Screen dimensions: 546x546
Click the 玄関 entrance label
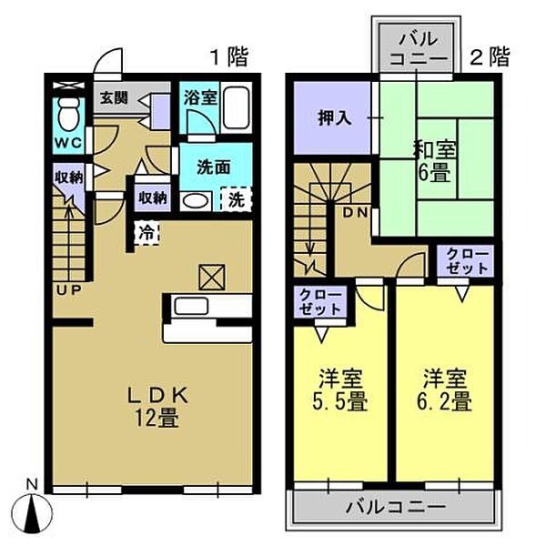[x=112, y=97]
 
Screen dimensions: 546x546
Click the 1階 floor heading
[x=228, y=59]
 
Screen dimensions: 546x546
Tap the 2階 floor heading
[x=488, y=59]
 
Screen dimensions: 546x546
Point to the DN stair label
[x=356, y=212]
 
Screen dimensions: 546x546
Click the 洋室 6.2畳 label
[x=445, y=389]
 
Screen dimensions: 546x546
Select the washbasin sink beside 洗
[x=194, y=200]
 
